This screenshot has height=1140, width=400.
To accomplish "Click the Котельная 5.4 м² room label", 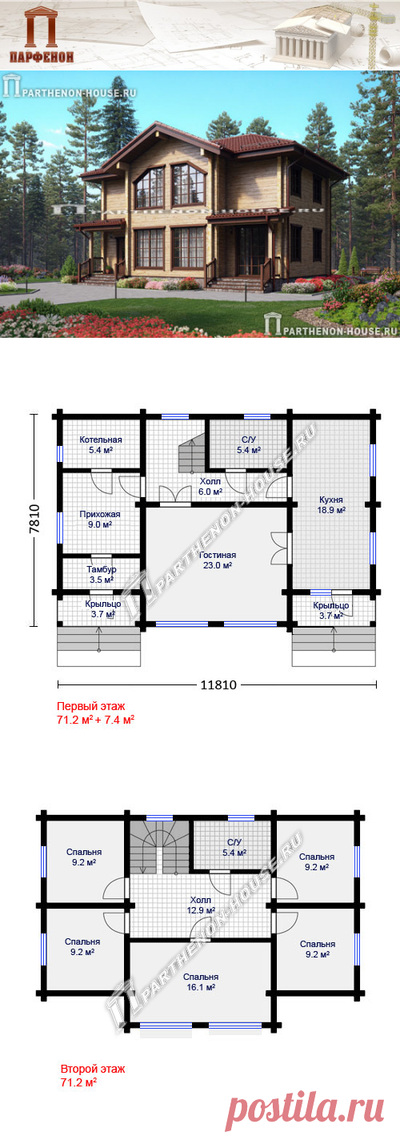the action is click(101, 445).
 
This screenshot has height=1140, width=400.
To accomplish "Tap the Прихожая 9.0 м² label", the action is click(100, 519).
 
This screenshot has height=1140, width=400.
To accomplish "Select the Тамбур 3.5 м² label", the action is click(101, 574).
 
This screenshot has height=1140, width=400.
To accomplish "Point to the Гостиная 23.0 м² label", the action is click(218, 560).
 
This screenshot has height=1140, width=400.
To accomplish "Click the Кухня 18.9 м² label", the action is click(331, 505).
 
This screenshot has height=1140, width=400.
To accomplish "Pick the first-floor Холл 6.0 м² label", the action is click(210, 486).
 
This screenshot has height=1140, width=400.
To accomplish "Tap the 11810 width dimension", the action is click(218, 684).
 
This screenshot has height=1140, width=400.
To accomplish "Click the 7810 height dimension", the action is click(34, 519).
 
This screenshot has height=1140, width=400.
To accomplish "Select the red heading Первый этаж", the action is click(91, 706).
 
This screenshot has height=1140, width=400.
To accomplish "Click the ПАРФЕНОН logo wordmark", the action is click(42, 57).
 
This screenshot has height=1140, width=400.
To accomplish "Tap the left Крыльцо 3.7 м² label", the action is click(102, 608).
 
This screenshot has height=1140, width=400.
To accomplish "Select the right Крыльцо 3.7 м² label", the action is click(331, 610).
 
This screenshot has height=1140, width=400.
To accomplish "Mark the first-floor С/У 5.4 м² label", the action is click(249, 445).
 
